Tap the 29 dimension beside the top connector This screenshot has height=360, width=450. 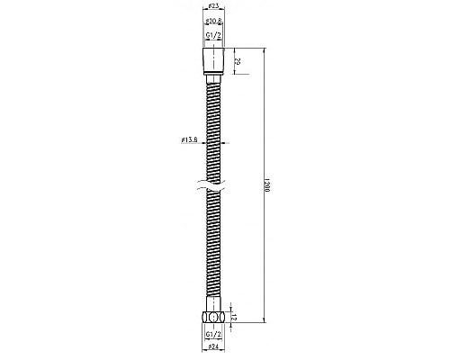(x=237, y=63)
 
